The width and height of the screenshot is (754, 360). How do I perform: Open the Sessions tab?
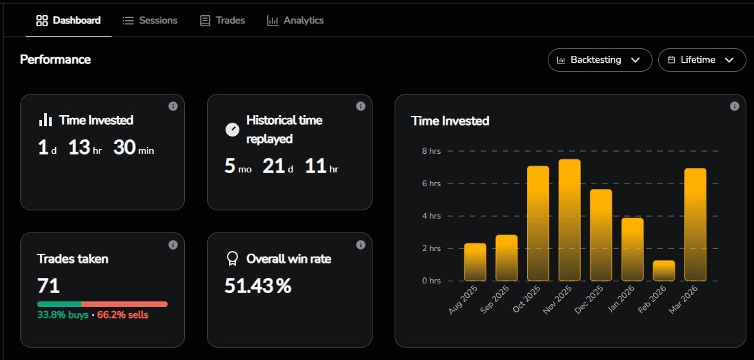tap(150, 21)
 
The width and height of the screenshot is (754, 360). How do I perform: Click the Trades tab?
tap(222, 21)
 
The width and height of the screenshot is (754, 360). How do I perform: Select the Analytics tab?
tap(295, 21)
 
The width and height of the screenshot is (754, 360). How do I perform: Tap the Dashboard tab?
tap(68, 21)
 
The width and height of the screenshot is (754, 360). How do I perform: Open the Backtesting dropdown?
tap(599, 60)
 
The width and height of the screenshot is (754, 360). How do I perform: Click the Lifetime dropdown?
tap(702, 60)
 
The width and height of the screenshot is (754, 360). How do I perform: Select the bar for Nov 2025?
tap(569, 220)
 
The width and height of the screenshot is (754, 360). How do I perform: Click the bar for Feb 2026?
tap(664, 270)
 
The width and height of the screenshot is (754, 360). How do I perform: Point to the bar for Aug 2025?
tap(475, 262)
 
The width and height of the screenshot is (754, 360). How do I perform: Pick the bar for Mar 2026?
tap(695, 224)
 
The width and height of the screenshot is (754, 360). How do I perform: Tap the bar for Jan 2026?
tap(632, 249)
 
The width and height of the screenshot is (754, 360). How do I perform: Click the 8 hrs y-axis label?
tap(430, 151)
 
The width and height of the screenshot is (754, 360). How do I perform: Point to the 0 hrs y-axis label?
tap(430, 281)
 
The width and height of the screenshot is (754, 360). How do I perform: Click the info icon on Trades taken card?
tap(173, 245)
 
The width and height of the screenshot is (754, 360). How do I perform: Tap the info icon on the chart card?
tap(735, 106)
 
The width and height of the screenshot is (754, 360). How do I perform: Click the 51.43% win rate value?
tap(258, 286)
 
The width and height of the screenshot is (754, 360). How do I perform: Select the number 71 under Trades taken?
tap(48, 286)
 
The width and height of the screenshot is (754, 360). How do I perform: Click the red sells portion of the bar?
tap(124, 304)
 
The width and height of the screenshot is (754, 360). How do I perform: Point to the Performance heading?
tap(55, 60)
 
